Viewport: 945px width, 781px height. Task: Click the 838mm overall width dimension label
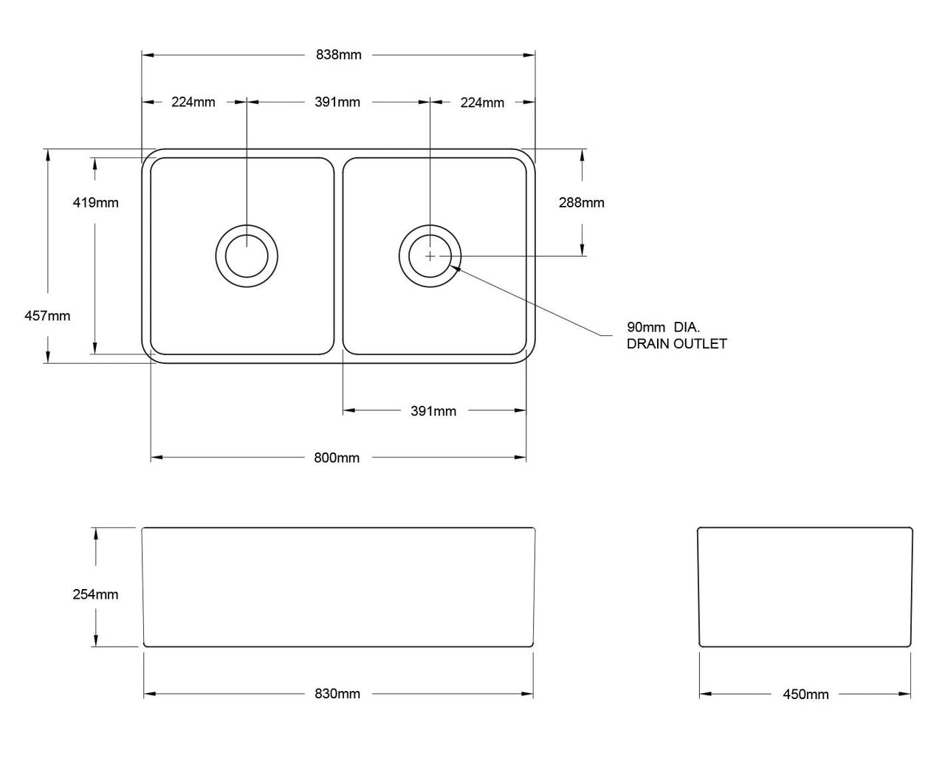click(338, 55)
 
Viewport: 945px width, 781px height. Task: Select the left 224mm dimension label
click(193, 102)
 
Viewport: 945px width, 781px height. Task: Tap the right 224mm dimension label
click(482, 103)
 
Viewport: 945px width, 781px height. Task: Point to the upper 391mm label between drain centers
click(337, 102)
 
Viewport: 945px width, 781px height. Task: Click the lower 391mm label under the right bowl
click(433, 411)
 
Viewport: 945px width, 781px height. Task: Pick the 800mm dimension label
click(337, 458)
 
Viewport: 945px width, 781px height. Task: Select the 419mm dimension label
click(95, 202)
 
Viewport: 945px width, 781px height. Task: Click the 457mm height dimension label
click(47, 316)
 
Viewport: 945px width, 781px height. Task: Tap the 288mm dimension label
click(582, 202)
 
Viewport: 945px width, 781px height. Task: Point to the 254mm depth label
click(95, 594)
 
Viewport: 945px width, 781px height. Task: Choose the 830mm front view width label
click(337, 694)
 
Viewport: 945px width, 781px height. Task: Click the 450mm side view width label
click(805, 695)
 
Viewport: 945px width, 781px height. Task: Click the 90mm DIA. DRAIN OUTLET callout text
click(676, 335)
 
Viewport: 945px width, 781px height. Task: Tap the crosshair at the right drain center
click(430, 256)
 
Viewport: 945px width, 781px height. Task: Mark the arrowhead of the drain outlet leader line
click(458, 269)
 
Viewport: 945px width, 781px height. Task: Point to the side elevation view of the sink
click(805, 587)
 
